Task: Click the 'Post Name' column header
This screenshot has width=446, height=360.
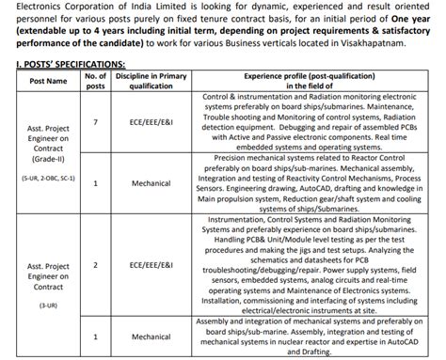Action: pos(48,81)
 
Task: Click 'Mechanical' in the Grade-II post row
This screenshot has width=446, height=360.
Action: pos(151,182)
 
